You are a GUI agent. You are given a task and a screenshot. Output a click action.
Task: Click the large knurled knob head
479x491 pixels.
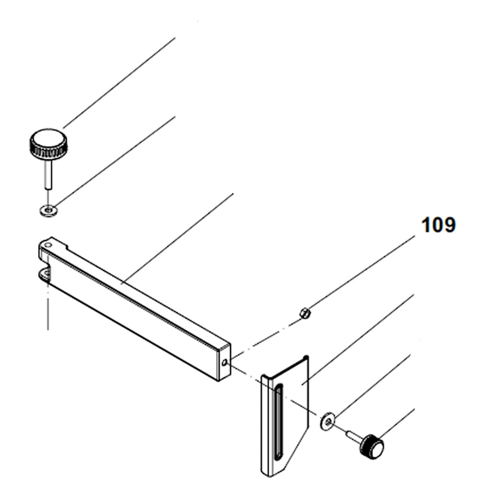(x=48, y=144)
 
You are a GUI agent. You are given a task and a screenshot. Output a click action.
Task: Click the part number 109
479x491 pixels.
(x=438, y=225)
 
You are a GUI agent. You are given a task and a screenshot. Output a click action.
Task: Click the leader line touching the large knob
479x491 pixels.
(x=120, y=82)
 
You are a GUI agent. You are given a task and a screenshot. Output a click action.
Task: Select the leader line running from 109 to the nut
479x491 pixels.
(x=359, y=273)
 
